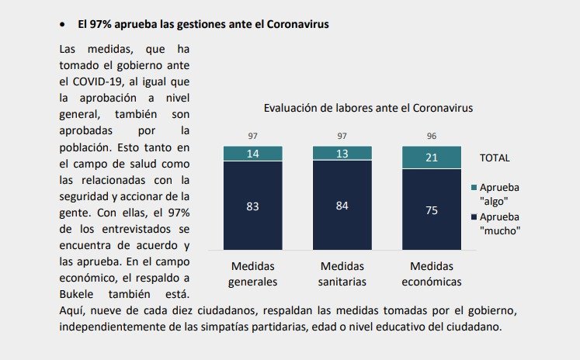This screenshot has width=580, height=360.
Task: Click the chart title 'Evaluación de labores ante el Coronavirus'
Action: pyautogui.click(x=368, y=108)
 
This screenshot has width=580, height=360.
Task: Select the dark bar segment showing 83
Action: pyautogui.click(x=252, y=206)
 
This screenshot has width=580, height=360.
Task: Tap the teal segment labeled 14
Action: pyautogui.click(x=252, y=154)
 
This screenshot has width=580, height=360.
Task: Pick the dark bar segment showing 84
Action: pyautogui.click(x=342, y=206)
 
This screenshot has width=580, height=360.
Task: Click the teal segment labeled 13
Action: pyautogui.click(x=342, y=154)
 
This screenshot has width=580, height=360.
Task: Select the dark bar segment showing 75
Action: pyautogui.click(x=431, y=209)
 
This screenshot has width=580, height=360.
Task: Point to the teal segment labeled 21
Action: pyautogui.click(x=431, y=158)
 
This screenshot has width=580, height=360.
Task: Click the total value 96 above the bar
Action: pyautogui.click(x=431, y=137)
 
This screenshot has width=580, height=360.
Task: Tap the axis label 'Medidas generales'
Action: pyautogui.click(x=252, y=273)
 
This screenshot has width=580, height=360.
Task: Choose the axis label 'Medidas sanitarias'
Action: pyautogui.click(x=342, y=273)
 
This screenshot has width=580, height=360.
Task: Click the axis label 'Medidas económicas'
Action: pyautogui.click(x=431, y=273)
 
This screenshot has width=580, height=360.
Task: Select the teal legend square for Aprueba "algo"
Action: pyautogui.click(x=474, y=188)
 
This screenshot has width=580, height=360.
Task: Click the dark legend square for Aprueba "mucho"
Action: pyautogui.click(x=474, y=216)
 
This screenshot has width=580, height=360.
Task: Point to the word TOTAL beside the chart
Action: pyautogui.click(x=495, y=157)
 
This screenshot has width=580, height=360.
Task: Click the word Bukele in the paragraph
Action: pyautogui.click(x=81, y=294)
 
